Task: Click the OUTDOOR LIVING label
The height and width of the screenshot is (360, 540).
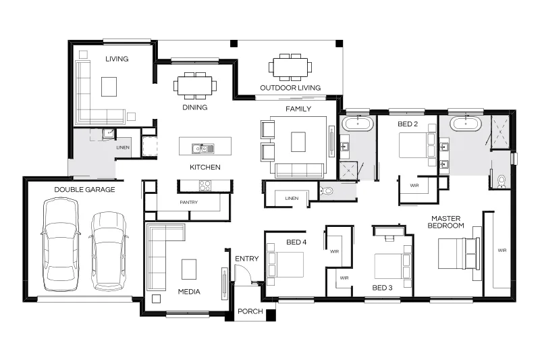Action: (x=290, y=88)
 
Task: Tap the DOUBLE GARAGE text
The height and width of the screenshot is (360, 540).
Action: (x=85, y=190)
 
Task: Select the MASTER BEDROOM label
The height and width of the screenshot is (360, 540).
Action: (x=446, y=222)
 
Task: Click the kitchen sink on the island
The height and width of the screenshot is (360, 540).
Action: (x=203, y=149)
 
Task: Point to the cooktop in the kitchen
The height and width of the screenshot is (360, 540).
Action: (x=205, y=186)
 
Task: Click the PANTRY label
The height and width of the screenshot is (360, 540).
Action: (x=189, y=202)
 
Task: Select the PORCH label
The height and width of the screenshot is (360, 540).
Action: (x=250, y=311)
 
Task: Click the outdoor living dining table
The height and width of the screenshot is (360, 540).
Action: (x=290, y=67)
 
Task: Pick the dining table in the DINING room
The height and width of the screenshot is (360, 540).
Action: (x=195, y=85)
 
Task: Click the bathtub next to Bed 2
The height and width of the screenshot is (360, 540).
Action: (x=358, y=124)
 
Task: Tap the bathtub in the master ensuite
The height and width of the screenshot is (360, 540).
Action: (x=466, y=124)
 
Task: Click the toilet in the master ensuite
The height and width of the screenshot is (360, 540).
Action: (x=502, y=182)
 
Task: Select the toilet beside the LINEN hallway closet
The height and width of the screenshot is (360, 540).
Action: (x=326, y=191)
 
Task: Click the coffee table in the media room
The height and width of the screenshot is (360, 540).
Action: (x=189, y=269)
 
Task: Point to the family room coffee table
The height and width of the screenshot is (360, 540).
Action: (x=298, y=142)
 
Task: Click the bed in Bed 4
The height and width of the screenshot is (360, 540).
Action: (x=285, y=265)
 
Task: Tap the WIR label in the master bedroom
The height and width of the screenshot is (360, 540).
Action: (x=502, y=251)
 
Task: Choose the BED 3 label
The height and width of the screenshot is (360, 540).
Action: (x=382, y=288)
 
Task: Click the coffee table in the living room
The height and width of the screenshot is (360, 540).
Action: (x=109, y=86)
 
